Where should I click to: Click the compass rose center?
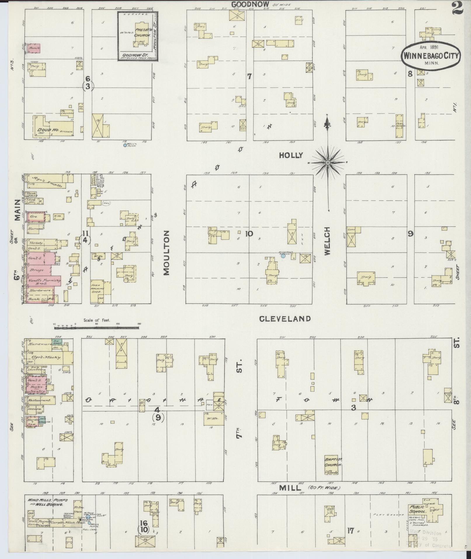pos(328,162)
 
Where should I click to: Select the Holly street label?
pos(291,155)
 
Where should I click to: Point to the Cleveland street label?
pos(285,319)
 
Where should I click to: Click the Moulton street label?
pos(166,253)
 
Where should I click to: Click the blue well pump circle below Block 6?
pos(125,145)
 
